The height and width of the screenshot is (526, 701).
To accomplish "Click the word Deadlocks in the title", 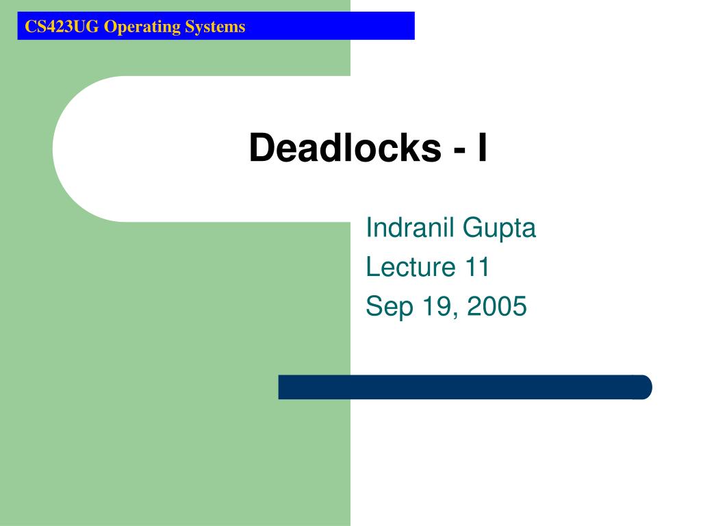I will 345,148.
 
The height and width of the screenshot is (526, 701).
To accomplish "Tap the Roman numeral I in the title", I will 482,148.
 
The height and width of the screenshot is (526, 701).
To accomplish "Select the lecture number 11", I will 476,267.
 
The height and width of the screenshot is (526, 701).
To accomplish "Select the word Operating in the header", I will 133,27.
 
